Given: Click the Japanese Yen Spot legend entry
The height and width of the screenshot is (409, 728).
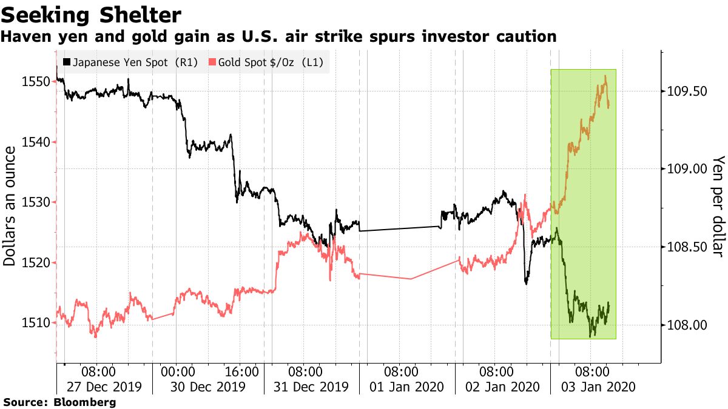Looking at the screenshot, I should click(x=130, y=62).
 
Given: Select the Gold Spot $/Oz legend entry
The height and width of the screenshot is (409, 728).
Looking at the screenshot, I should click(x=266, y=62).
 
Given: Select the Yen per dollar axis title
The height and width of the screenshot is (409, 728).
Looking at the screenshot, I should click(x=718, y=206).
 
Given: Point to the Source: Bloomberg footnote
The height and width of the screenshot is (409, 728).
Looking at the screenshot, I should click(x=59, y=402).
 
